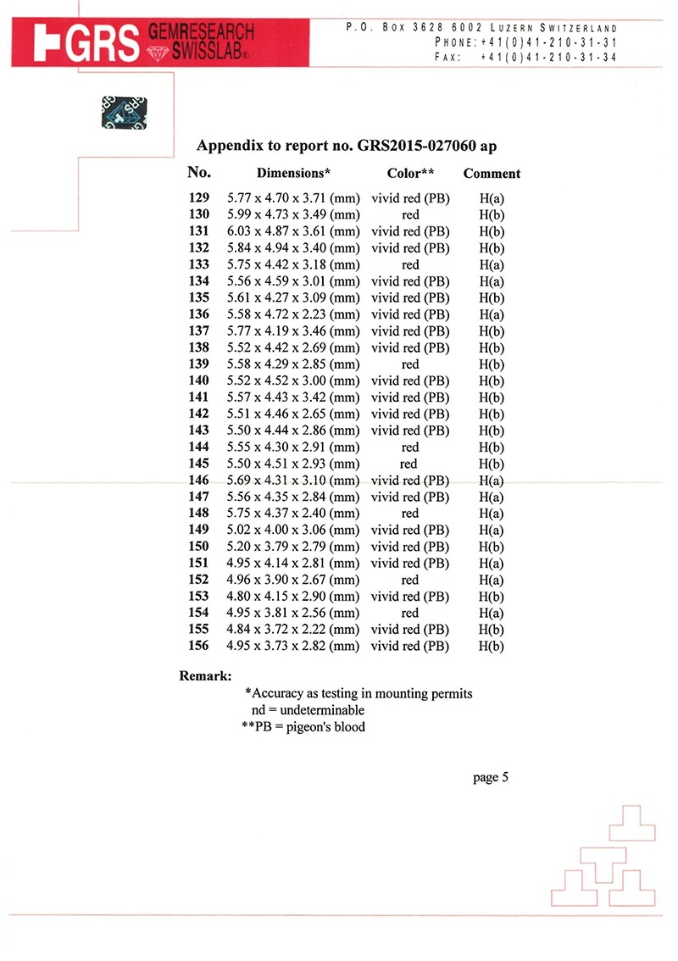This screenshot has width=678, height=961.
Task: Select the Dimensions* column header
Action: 293,174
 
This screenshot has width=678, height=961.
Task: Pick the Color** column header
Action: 410,174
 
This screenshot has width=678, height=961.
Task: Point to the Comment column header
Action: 492,174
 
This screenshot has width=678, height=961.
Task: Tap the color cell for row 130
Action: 410,215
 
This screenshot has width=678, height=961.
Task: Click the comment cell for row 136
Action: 492,314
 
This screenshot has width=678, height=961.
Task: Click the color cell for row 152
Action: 410,580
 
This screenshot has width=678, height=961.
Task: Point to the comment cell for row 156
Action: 492,646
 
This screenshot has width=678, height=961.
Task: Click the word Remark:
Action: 206,676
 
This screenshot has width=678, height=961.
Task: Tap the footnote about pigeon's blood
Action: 303,727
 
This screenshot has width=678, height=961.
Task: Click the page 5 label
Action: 491,778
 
